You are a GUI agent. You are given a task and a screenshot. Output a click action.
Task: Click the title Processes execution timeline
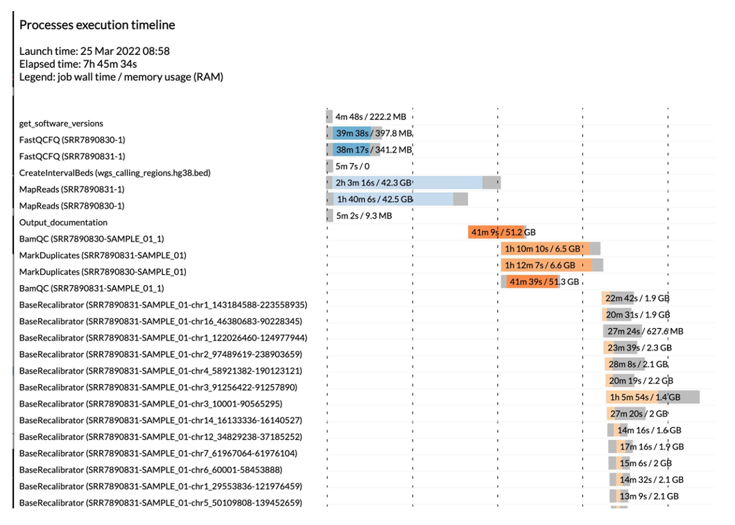click(x=97, y=25)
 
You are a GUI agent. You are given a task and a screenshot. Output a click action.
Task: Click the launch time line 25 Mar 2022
click(x=94, y=51)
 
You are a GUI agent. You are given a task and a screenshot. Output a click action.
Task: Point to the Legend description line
click(x=121, y=77)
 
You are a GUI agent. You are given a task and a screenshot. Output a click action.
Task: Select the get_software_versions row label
click(x=61, y=123)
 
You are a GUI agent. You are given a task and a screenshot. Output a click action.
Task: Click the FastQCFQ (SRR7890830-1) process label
click(x=72, y=140)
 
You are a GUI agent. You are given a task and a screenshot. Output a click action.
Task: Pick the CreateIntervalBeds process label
click(x=114, y=173)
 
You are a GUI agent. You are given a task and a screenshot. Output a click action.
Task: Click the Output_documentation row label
click(x=63, y=223)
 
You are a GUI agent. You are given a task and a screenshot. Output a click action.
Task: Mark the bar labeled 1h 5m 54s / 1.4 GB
click(x=652, y=397)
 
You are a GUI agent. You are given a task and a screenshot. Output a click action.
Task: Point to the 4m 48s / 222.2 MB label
click(x=370, y=117)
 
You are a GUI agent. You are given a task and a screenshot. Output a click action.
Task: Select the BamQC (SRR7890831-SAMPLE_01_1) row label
click(x=92, y=288)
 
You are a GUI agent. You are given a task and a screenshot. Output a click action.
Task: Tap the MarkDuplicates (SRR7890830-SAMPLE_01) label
click(x=103, y=272)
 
